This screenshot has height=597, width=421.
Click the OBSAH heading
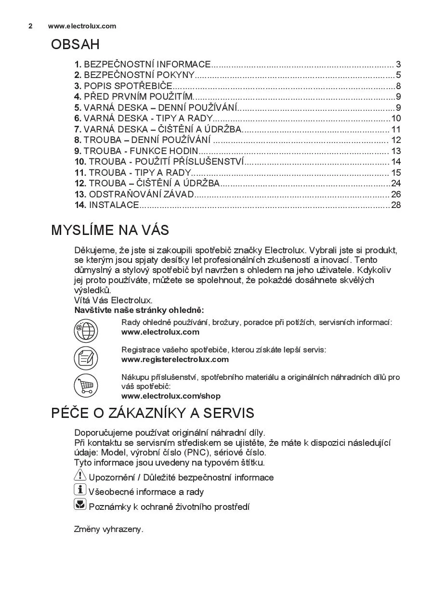[x=75, y=45]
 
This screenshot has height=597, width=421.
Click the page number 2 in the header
[x=30, y=26]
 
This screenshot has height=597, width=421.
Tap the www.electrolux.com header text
[x=82, y=26]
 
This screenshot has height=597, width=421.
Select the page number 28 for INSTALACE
[x=396, y=205]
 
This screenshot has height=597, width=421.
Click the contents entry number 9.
[x=78, y=151]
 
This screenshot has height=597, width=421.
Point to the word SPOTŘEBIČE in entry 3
[x=147, y=86]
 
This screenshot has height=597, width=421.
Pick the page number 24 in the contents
[x=396, y=183]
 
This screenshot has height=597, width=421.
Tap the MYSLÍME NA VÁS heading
[x=110, y=230]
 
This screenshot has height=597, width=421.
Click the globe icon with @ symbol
[x=86, y=331]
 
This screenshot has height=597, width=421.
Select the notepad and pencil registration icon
[x=86, y=358]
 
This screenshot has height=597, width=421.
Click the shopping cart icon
[x=86, y=385]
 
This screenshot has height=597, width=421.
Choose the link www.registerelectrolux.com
[x=175, y=360]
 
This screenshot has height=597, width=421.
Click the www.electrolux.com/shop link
[x=171, y=396]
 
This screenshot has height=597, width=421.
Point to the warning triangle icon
[x=80, y=476]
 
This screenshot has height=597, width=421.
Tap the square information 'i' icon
[x=80, y=490]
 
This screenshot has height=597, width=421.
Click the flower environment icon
[x=80, y=505]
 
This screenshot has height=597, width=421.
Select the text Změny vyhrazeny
[x=108, y=529]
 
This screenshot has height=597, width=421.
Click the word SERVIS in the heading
[x=228, y=414]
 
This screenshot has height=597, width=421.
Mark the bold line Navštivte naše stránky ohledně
[x=139, y=310]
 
